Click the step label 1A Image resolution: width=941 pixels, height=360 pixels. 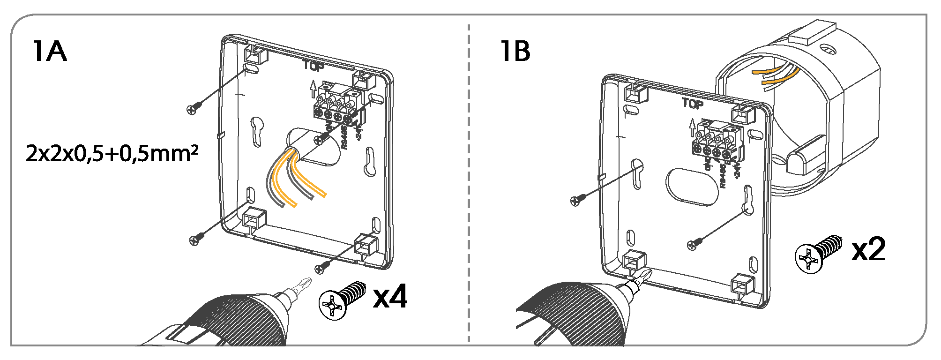click(49, 51)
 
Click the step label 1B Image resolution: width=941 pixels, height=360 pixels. click(515, 51)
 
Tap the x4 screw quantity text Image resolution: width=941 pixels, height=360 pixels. click(390, 297)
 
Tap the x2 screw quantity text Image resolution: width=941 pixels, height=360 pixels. click(868, 249)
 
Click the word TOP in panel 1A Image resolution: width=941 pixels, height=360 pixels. click(313, 66)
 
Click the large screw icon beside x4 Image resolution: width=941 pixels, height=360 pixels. click(342, 300)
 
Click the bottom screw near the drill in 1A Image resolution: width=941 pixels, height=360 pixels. click(321, 268)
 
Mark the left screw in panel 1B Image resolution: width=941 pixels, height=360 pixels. click(577, 200)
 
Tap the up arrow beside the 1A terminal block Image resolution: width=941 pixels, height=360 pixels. click(313, 89)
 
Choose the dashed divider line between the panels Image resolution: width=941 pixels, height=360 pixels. click(469, 187)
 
